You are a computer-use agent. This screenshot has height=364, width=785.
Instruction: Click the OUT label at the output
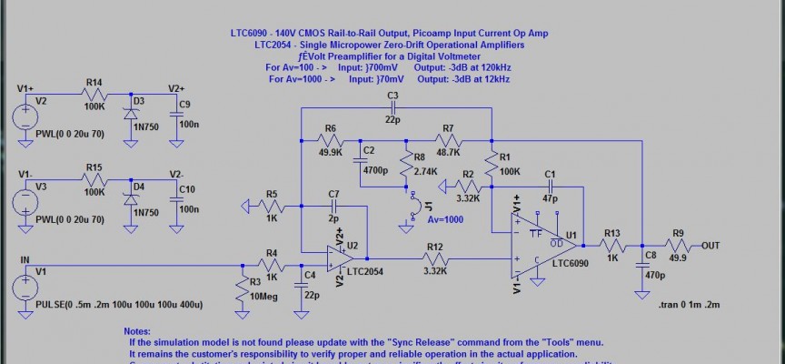[711, 246]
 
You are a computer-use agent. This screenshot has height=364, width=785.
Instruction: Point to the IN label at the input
[25, 260]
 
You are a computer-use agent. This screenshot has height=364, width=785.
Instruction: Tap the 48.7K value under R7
[448, 153]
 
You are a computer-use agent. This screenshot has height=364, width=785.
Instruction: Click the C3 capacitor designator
[392, 95]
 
